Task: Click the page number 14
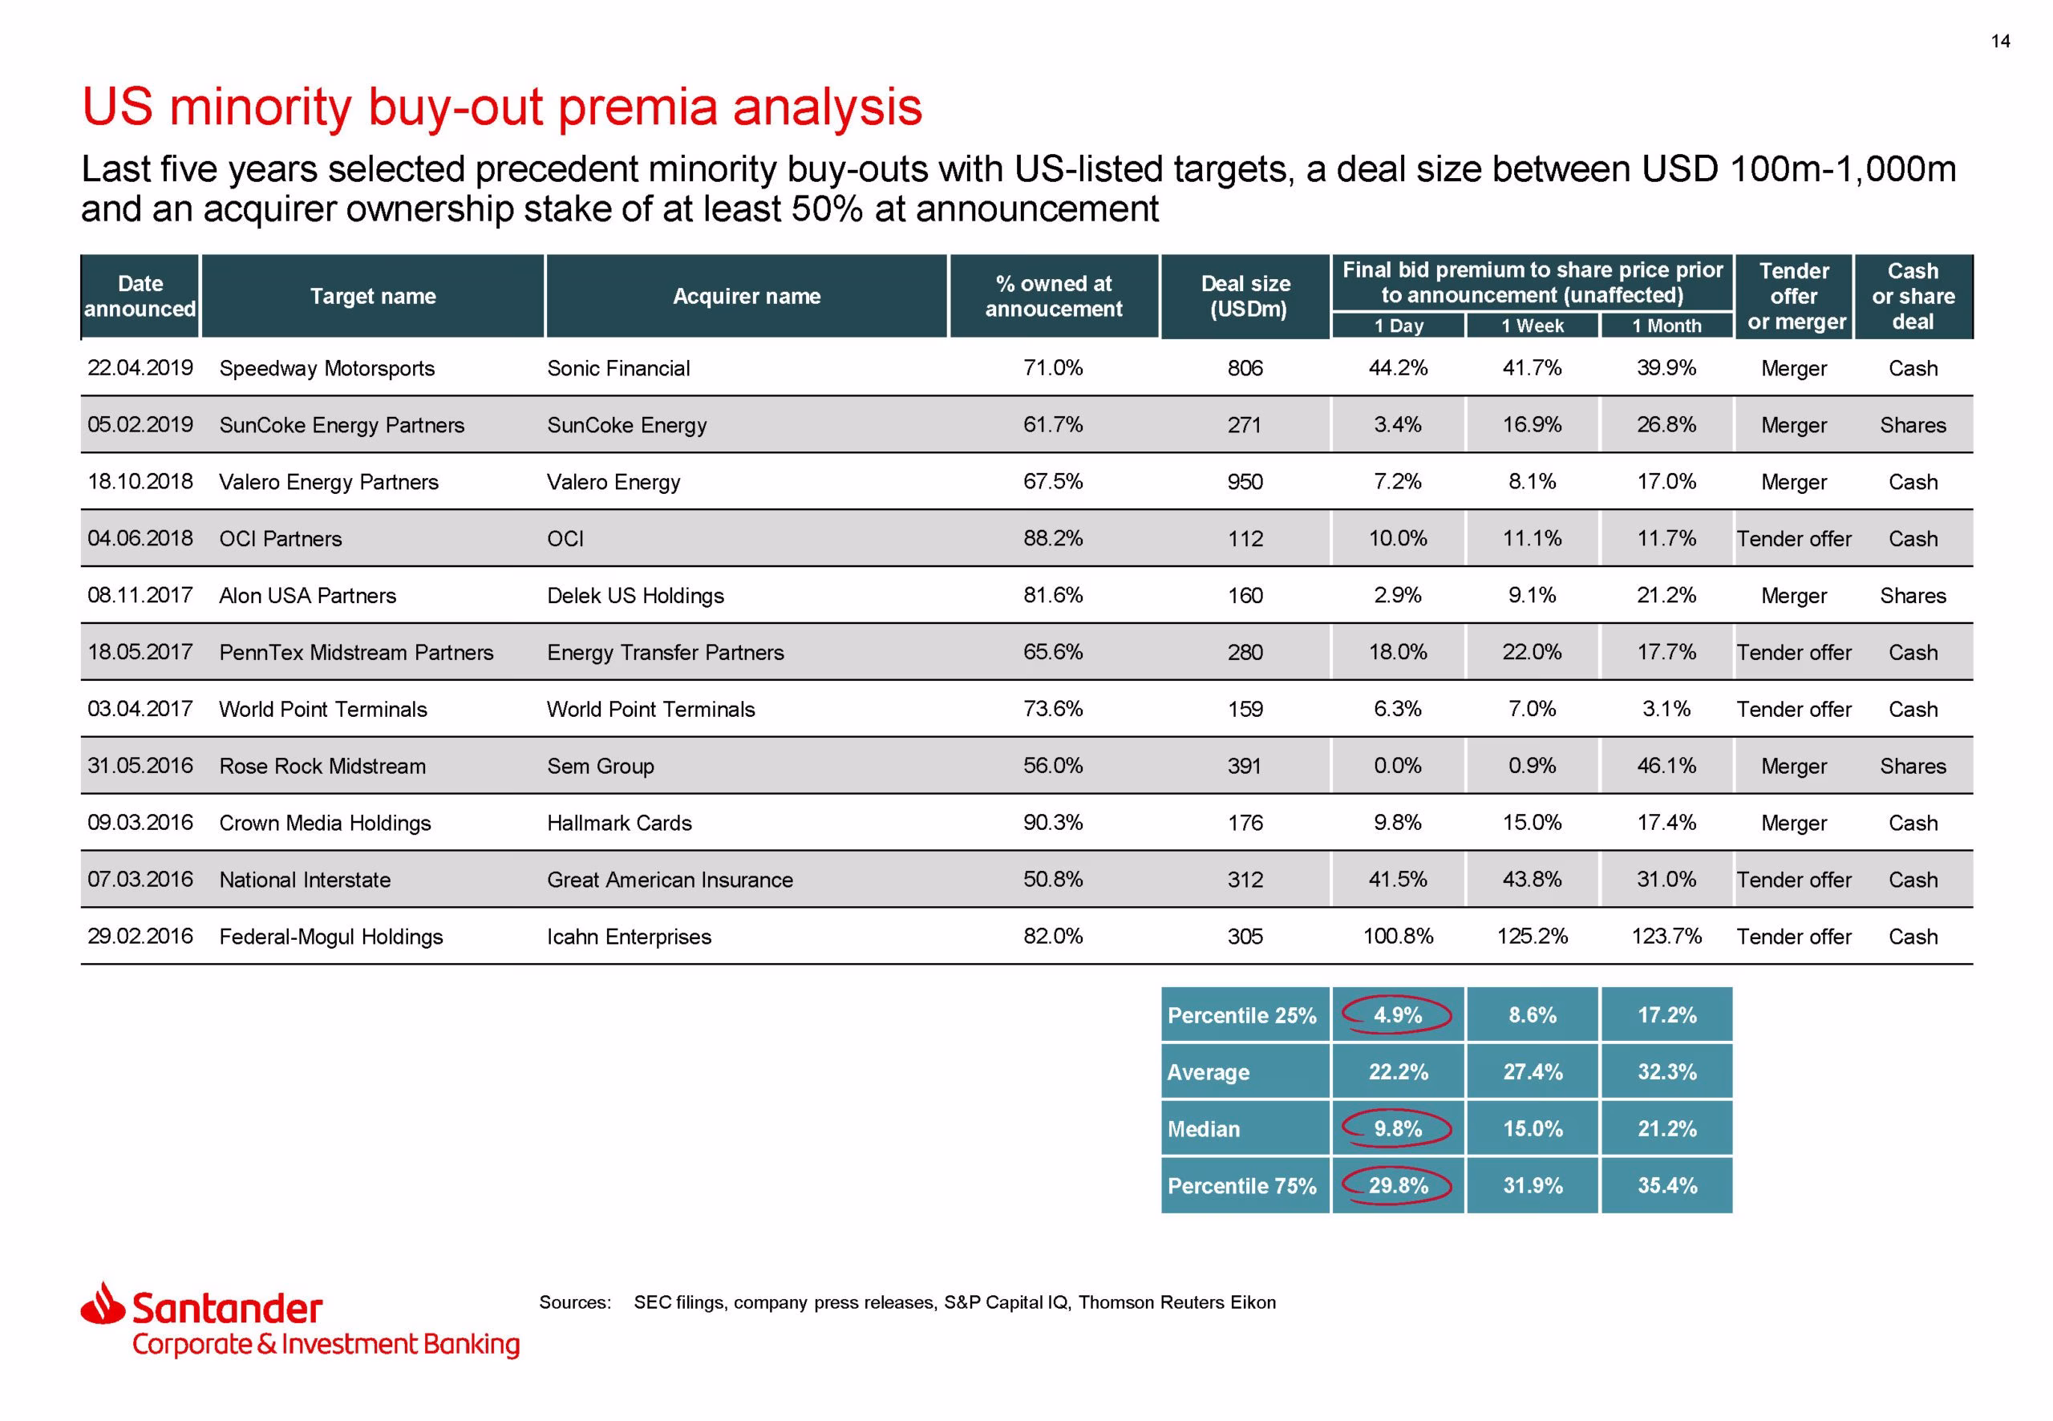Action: (x=1999, y=41)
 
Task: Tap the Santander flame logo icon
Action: (x=103, y=1302)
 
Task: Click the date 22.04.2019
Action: (x=140, y=368)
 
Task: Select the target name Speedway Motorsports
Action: (x=326, y=369)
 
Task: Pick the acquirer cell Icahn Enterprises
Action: (x=629, y=937)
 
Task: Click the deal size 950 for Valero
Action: (x=1245, y=482)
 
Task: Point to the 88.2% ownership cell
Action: (x=1052, y=539)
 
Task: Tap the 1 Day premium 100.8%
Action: (x=1398, y=937)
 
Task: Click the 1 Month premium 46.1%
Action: (x=1666, y=766)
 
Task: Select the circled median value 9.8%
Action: (x=1397, y=1129)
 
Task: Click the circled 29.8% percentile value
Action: (x=1398, y=1186)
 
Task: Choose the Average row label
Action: (x=1208, y=1073)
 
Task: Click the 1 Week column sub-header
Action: (x=1533, y=326)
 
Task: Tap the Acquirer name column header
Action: (x=746, y=297)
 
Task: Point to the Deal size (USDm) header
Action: (x=1245, y=297)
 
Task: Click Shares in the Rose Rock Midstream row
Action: (x=1913, y=766)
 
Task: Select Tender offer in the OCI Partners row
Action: (x=1793, y=539)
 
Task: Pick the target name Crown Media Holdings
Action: (x=325, y=824)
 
